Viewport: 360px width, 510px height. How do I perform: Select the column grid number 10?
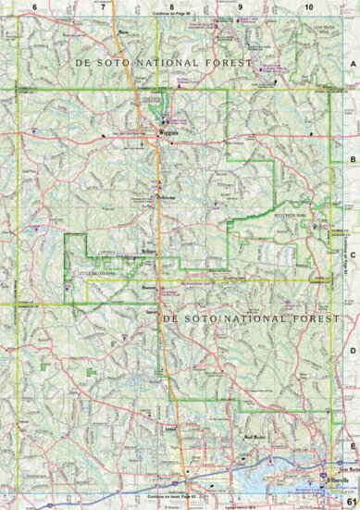(x=308, y=6)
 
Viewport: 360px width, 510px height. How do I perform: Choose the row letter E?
(x=353, y=444)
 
